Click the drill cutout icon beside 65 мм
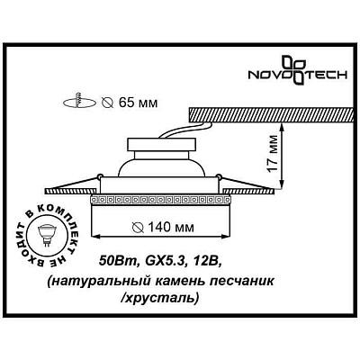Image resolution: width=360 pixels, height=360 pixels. pos(79,102)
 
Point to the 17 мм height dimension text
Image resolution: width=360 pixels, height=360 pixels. pos(273,154)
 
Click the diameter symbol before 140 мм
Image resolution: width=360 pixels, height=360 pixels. pos(139,228)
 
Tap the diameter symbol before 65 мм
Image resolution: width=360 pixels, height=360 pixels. pos(107,103)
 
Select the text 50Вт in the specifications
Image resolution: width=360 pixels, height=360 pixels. pos(118,261)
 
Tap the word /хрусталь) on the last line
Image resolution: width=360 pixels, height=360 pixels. pos(160,298)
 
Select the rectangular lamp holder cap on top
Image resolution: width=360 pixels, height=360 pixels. pos(162,145)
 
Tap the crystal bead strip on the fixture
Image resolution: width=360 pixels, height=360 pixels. pos(161,199)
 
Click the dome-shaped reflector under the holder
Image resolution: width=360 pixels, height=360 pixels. pos(162,164)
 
